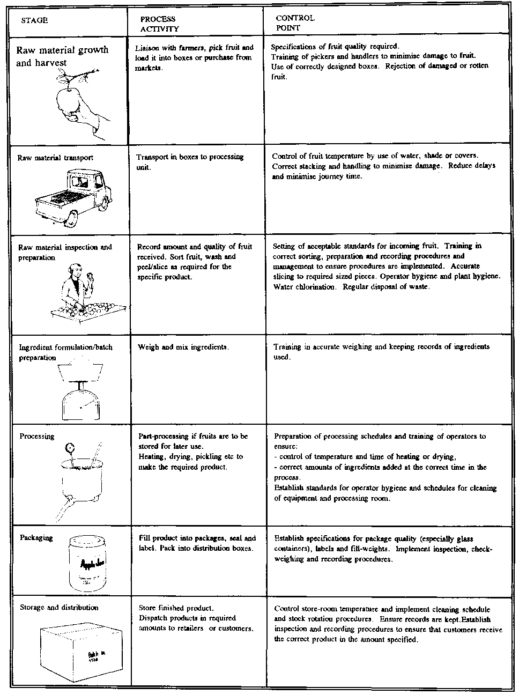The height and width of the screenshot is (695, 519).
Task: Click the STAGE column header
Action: [34, 21]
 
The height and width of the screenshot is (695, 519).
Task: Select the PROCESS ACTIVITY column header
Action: [159, 24]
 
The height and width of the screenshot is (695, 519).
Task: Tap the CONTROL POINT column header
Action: [295, 23]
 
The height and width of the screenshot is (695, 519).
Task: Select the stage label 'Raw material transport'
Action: [55, 158]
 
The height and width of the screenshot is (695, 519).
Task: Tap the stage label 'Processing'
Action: [37, 437]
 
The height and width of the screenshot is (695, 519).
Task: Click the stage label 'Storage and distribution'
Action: [59, 608]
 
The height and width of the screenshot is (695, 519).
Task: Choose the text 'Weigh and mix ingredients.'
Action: [183, 347]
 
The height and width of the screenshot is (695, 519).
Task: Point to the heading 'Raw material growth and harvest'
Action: [62, 56]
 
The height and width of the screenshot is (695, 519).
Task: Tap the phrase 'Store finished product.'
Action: [176, 608]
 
